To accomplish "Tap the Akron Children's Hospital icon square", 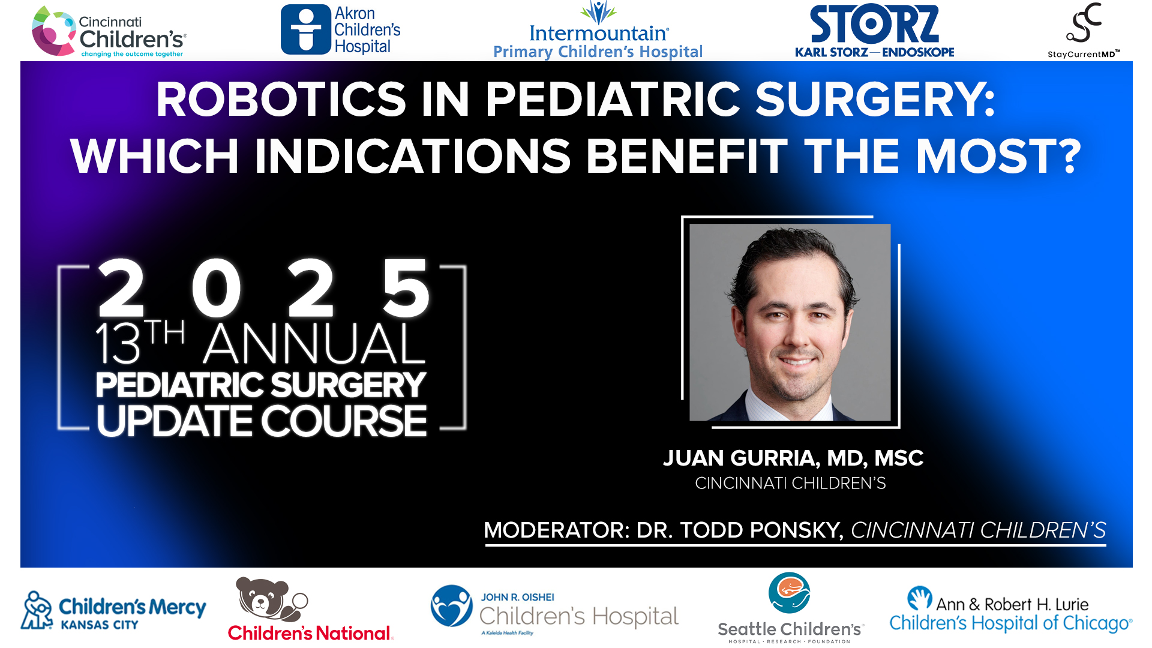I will (x=306, y=29).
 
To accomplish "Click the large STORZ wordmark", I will (x=874, y=25).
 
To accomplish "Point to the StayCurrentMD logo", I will (x=1084, y=30).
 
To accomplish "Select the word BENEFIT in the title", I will (x=686, y=157).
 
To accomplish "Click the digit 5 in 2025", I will (x=406, y=289).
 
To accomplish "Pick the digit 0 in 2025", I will (x=217, y=289).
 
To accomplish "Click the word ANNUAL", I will (x=314, y=344).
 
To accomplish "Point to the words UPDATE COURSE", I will (x=262, y=421).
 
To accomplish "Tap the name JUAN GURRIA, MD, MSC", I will (x=793, y=458).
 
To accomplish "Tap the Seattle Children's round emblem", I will (x=789, y=593).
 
